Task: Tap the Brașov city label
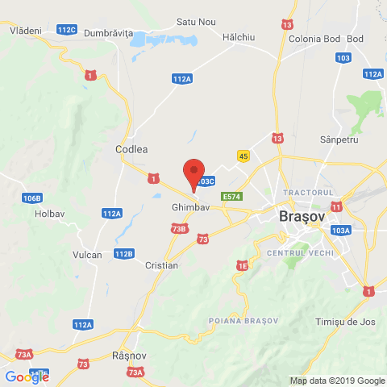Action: pyautogui.click(x=301, y=217)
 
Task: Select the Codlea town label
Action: pyautogui.click(x=132, y=149)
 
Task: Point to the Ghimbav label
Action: pyautogui.click(x=190, y=207)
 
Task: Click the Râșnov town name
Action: pyautogui.click(x=127, y=355)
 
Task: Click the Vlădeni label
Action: pyautogui.click(x=25, y=30)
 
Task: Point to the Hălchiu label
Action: pyautogui.click(x=239, y=36)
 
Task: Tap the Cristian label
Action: pyautogui.click(x=161, y=265)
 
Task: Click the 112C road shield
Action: pyautogui.click(x=68, y=30)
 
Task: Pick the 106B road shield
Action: pyautogui.click(x=32, y=198)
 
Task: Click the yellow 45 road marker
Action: pyautogui.click(x=243, y=155)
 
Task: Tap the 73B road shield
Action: pyautogui.click(x=179, y=229)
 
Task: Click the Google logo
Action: pyautogui.click(x=27, y=377)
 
